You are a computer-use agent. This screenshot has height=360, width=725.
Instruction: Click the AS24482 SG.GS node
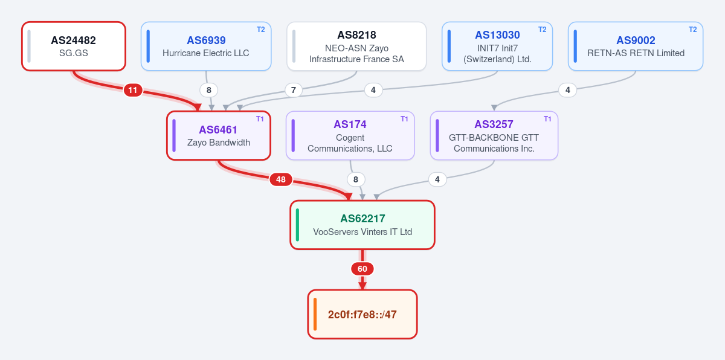tap(74, 47)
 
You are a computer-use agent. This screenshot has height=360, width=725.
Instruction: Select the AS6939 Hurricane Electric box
tap(206, 47)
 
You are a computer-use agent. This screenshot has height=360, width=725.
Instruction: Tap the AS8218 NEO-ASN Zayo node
tap(356, 47)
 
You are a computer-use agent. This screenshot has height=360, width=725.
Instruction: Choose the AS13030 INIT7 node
tap(497, 47)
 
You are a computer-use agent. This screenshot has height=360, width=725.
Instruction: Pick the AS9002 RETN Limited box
tap(636, 47)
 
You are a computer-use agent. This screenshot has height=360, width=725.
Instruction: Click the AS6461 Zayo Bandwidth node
tap(219, 135)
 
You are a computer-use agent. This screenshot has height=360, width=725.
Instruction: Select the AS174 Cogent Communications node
tap(350, 135)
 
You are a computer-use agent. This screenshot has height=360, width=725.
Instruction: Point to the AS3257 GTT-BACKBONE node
tap(494, 135)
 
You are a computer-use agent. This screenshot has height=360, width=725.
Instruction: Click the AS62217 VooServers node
tap(362, 225)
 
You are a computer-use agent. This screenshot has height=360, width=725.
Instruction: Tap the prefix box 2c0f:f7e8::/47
tap(362, 314)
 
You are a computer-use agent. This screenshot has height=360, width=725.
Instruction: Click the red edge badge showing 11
tap(133, 90)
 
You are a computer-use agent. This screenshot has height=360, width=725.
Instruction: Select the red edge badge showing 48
tap(281, 179)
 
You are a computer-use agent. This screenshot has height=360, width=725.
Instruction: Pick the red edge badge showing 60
tap(362, 269)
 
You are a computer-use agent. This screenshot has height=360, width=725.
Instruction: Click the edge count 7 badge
tap(294, 90)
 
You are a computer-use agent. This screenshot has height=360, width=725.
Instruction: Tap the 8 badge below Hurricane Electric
tap(209, 90)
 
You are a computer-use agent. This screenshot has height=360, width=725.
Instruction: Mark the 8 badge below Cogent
tap(356, 179)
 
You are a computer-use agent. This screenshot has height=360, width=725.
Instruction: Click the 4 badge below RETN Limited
tap(568, 90)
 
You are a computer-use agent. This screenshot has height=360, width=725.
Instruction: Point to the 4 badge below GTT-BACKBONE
tap(437, 179)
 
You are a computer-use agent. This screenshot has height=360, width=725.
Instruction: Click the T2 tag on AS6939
tap(261, 30)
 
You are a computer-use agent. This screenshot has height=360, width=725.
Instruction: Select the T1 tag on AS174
tap(404, 119)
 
